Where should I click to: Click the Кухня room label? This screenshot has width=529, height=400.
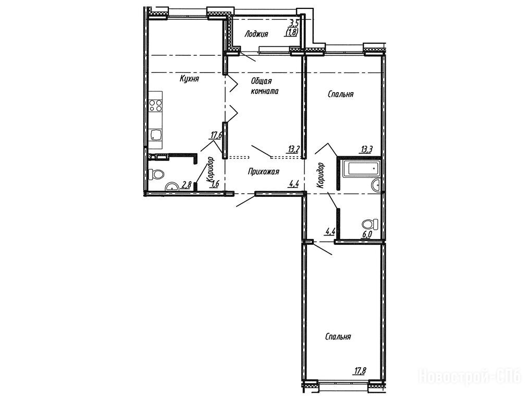[x=189, y=79]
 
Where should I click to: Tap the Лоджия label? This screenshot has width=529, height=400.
[x=256, y=34]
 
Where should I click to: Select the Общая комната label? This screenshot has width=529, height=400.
[x=265, y=86]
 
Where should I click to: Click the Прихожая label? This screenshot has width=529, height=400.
[x=264, y=172]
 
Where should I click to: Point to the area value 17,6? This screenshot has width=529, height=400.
[x=216, y=135]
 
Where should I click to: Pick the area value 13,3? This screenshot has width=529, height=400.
[x=366, y=150]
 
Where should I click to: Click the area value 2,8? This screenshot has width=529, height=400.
[x=187, y=184]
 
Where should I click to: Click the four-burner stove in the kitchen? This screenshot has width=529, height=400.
[x=156, y=106]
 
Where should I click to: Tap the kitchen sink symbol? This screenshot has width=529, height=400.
[x=156, y=135]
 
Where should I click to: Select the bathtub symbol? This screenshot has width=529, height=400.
[x=361, y=170]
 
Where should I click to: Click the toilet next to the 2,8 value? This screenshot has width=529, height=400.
[x=156, y=174]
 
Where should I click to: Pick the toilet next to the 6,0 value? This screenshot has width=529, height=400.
[x=370, y=224]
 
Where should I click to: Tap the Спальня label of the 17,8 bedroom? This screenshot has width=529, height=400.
[x=338, y=337]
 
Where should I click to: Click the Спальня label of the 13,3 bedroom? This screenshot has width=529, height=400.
[x=341, y=94]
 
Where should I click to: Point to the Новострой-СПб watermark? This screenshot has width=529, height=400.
[x=470, y=376]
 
